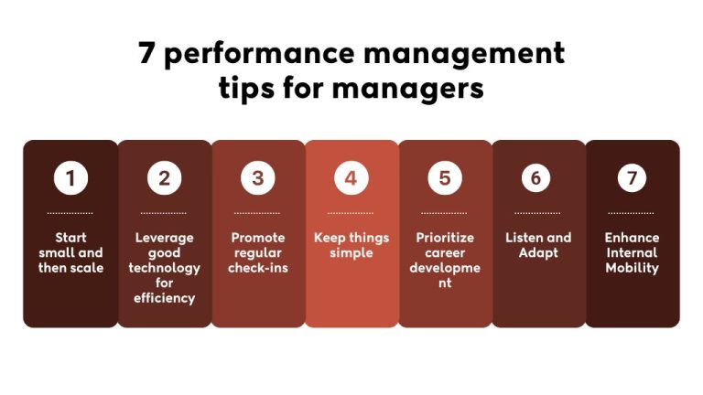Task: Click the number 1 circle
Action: pyautogui.click(x=70, y=178)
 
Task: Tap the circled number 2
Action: pyautogui.click(x=164, y=178)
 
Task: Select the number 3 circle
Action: pyautogui.click(x=258, y=178)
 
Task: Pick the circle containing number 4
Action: pyautogui.click(x=351, y=178)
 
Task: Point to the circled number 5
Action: pyautogui.click(x=445, y=178)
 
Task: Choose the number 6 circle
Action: pyautogui.click(x=536, y=178)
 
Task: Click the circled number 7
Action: pyautogui.click(x=632, y=178)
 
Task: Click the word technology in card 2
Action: pyautogui.click(x=164, y=268)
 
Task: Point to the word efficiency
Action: pyautogui.click(x=164, y=298)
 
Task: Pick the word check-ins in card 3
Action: pyautogui.click(x=258, y=268)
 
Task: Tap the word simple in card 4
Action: pyautogui.click(x=351, y=252)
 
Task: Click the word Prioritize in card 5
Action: pyautogui.click(x=445, y=238)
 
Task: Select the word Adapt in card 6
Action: pyautogui.click(x=538, y=252)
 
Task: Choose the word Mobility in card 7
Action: pyautogui.click(x=632, y=268)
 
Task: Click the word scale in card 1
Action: pyautogui.click(x=89, y=268)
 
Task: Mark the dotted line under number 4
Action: pyautogui.click(x=351, y=213)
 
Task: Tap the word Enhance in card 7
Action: pyautogui.click(x=632, y=238)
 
